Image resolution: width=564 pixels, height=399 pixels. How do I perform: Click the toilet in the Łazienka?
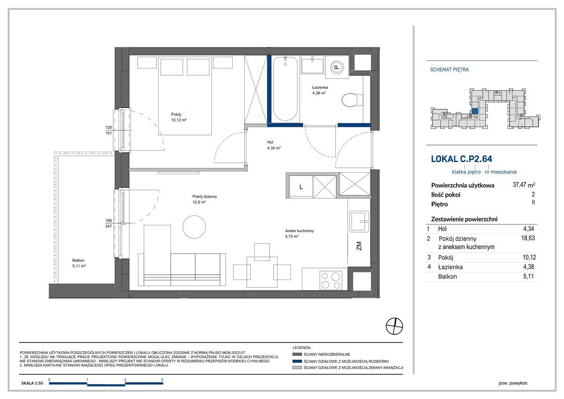tap(352, 100)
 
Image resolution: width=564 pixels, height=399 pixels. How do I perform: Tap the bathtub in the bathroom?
tap(285, 89)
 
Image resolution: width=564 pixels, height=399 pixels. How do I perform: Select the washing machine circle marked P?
tap(337, 67)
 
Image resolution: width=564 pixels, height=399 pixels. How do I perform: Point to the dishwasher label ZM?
tap(359, 246)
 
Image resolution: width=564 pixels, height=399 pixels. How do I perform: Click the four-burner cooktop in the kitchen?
tap(330, 280)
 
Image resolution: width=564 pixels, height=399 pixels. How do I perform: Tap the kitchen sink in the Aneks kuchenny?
tap(359, 221)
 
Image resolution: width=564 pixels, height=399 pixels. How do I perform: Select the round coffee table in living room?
tap(194, 227)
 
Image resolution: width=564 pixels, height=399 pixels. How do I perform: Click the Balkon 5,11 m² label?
tap(79, 263)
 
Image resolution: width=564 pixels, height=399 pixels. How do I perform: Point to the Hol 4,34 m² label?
tap(274, 145)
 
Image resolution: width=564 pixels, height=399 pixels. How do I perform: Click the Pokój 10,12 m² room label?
tap(179, 117)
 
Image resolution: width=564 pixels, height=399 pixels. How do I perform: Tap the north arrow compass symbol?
tap(394, 326)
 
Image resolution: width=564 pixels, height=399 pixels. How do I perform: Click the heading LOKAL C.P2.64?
tap(461, 159)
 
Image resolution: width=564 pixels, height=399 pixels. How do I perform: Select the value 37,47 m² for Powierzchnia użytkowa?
tap(524, 185)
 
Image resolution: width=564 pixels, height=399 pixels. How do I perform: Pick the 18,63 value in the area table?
tap(528, 238)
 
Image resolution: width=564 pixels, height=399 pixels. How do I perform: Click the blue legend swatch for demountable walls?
tap(297, 361)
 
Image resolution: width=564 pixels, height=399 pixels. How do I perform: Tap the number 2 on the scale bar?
tap(125, 380)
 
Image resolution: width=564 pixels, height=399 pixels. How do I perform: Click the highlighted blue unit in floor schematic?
tap(475, 111)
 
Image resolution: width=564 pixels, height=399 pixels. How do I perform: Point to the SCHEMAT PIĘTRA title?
tap(449, 70)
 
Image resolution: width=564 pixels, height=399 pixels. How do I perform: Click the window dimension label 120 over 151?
tap(108, 130)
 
